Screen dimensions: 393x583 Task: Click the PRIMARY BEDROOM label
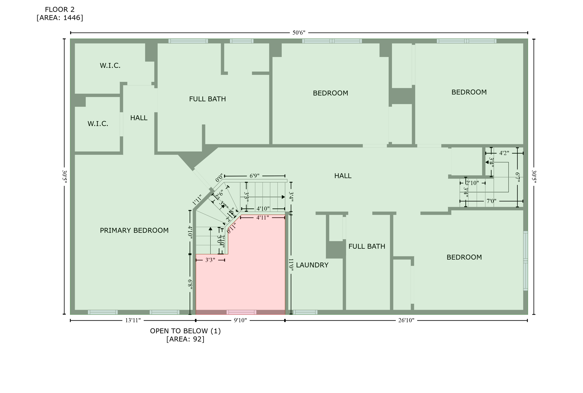click(x=134, y=230)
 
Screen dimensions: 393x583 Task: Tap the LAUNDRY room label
click(x=312, y=265)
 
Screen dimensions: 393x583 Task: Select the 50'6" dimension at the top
click(x=299, y=33)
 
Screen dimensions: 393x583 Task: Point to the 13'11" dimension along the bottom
click(x=133, y=320)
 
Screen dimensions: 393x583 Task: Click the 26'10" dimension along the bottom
click(x=406, y=320)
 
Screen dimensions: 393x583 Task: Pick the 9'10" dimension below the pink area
click(x=240, y=320)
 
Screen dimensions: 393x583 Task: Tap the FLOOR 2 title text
click(x=60, y=10)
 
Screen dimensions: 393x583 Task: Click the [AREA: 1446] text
click(x=60, y=18)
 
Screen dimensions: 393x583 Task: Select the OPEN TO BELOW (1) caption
click(x=185, y=331)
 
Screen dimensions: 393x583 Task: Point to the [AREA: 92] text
click(x=185, y=339)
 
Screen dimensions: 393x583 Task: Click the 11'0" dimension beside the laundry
click(x=291, y=264)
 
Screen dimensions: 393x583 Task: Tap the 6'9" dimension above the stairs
click(x=254, y=176)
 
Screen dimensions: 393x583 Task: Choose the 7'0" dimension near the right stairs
click(x=491, y=201)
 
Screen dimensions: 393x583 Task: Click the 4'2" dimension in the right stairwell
click(x=504, y=153)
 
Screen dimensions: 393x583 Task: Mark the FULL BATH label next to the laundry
click(x=367, y=246)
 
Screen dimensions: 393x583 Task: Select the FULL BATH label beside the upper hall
click(x=208, y=99)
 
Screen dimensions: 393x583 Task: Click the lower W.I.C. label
click(x=98, y=124)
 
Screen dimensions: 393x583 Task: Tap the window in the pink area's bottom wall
click(x=241, y=312)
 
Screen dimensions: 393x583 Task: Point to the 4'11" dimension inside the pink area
click(x=262, y=218)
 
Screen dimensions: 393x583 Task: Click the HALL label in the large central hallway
click(x=343, y=176)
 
